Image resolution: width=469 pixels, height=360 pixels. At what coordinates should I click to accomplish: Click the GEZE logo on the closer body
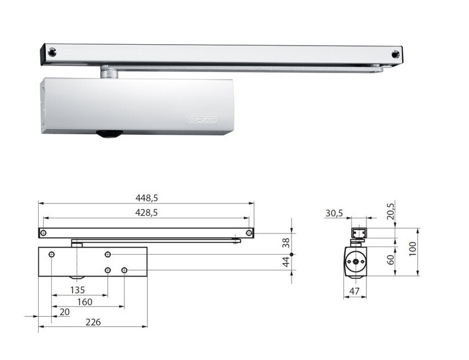201,120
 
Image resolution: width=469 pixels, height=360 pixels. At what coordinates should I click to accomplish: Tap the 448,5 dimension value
146,198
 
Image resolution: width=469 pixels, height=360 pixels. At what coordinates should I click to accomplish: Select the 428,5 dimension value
146,212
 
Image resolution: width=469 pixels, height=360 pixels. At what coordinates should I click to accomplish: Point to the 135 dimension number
78,290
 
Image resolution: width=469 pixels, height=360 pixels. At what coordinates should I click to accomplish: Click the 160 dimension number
85,302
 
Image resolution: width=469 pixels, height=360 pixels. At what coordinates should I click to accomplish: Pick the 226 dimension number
93,322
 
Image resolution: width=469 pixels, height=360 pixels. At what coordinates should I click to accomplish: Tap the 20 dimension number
64,312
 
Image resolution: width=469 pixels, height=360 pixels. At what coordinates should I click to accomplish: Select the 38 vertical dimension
286,243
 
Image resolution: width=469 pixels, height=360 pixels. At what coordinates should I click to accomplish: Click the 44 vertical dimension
286,262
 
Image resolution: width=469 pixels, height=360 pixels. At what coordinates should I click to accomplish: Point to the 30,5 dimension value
334,213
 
